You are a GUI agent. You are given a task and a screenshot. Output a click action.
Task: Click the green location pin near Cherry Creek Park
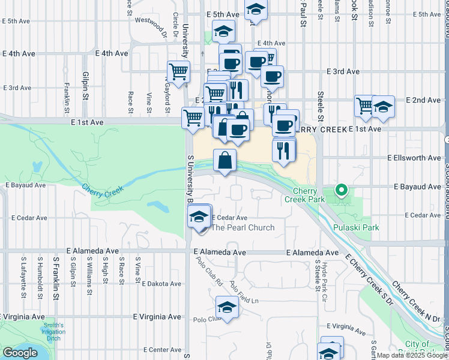pyautogui.click(x=342, y=191)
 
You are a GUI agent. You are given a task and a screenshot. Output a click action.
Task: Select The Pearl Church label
pyautogui.click(x=243, y=227)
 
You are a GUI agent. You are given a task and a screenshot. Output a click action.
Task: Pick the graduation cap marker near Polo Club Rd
pyautogui.click(x=226, y=308)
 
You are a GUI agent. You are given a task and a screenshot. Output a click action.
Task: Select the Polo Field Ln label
pyautogui.click(x=243, y=293)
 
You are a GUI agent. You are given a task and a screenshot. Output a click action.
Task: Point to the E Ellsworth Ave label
pyautogui.click(x=414, y=158)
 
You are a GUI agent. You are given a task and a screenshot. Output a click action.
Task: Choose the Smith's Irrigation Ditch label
pyautogui.click(x=53, y=330)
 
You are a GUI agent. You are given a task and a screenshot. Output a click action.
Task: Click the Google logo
pyautogui.click(x=19, y=353)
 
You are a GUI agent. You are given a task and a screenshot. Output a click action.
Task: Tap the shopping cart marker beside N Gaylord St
pyautogui.click(x=178, y=73)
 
